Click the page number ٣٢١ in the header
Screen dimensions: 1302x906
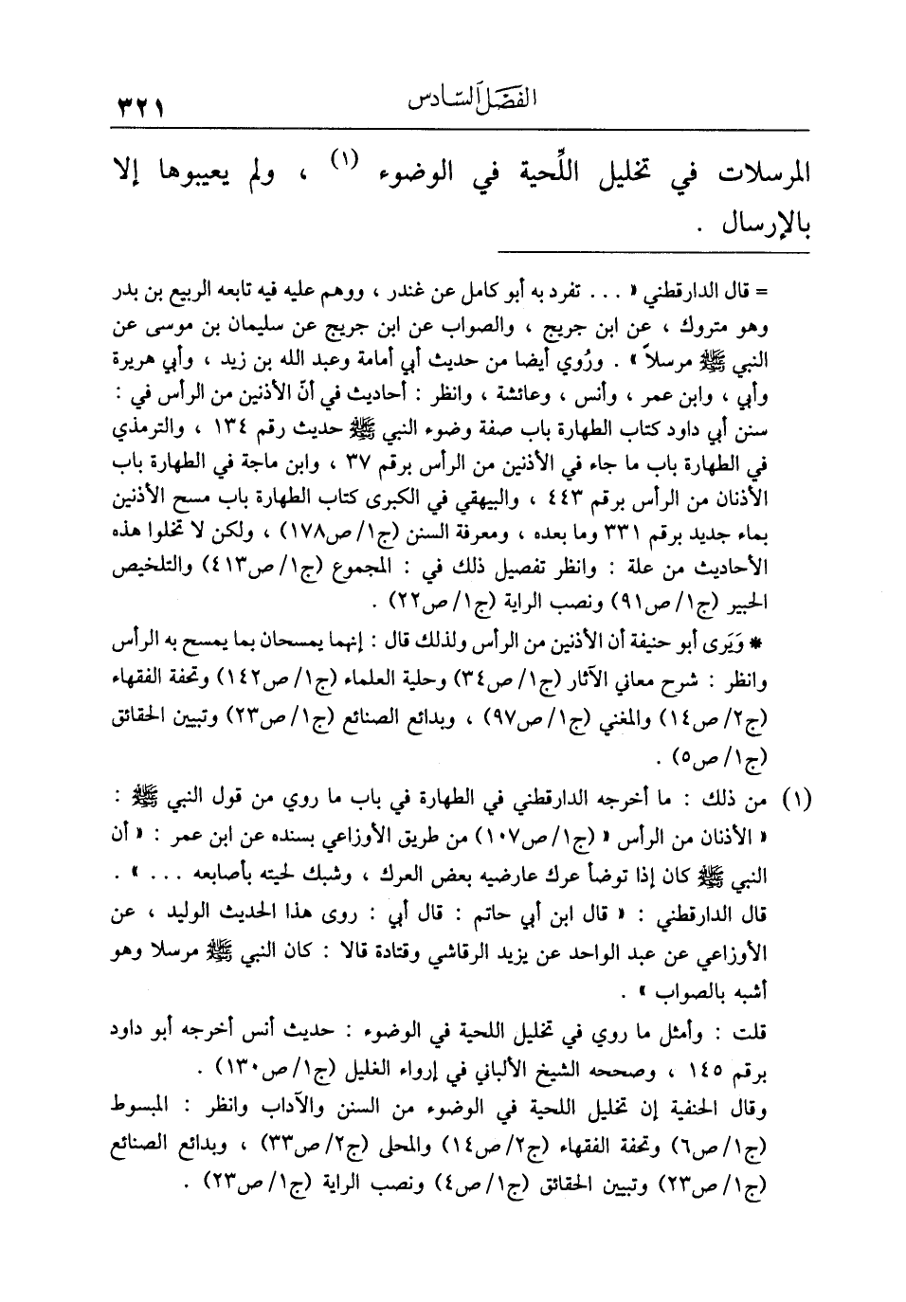[x=138, y=101]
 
